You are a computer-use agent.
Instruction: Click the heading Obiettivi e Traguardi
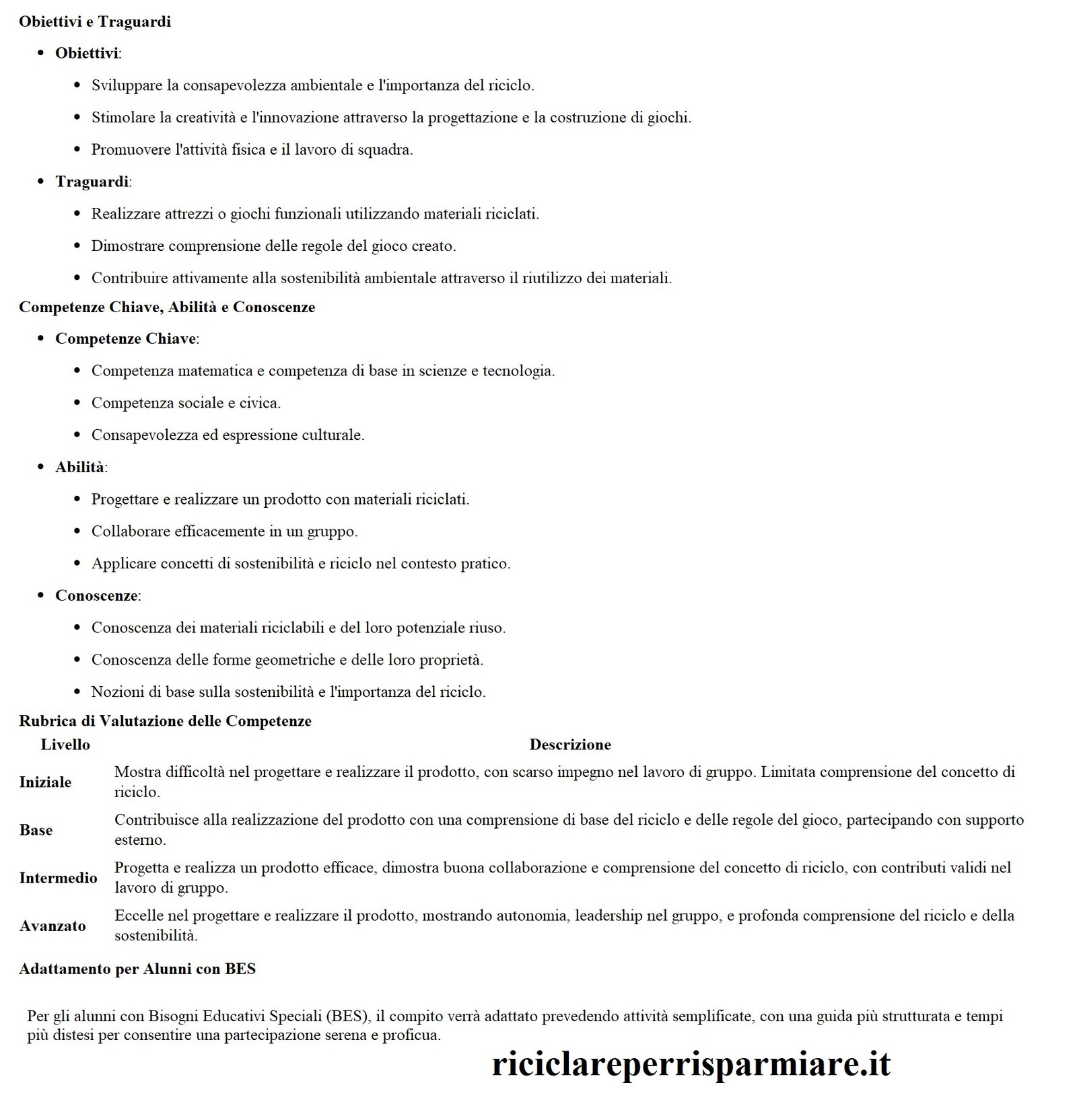(95, 22)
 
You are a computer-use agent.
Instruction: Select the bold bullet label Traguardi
(92, 182)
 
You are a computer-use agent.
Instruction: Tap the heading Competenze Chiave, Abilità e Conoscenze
(167, 307)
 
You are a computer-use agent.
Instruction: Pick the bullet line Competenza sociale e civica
(186, 403)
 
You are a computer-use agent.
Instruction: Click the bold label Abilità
(79, 467)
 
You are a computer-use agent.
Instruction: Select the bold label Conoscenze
(96, 596)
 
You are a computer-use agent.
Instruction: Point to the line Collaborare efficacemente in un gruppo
(224, 531)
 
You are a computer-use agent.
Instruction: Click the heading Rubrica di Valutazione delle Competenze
(165, 721)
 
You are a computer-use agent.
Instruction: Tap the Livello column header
(65, 745)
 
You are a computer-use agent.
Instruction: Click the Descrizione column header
(569, 745)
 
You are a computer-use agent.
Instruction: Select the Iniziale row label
(45, 782)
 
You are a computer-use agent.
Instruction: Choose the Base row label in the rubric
(36, 830)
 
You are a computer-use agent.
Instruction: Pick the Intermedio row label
(58, 878)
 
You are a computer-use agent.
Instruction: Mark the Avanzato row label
(53, 926)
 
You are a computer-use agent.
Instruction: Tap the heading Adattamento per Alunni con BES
(137, 969)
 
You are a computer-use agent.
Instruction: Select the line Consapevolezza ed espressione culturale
(228, 435)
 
